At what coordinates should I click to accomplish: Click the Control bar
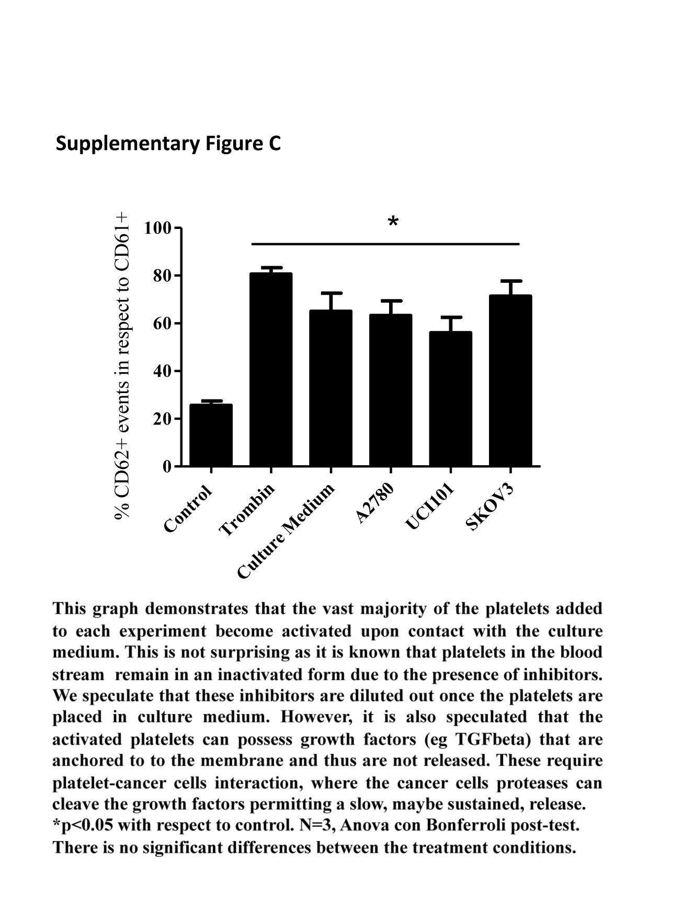pyautogui.click(x=211, y=435)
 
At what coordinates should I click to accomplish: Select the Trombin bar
pyautogui.click(x=271, y=370)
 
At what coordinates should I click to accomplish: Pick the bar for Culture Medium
pyautogui.click(x=331, y=388)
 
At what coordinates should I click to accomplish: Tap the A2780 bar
pyautogui.click(x=391, y=390)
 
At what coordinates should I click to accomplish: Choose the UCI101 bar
pyautogui.click(x=450, y=399)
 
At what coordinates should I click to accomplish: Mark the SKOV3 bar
pyautogui.click(x=510, y=381)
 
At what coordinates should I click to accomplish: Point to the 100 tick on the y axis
pyautogui.click(x=178, y=228)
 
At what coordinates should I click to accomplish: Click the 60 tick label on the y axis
pyautogui.click(x=162, y=324)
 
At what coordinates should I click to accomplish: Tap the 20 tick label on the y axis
pyautogui.click(x=162, y=419)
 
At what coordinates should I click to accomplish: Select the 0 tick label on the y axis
pyautogui.click(x=167, y=466)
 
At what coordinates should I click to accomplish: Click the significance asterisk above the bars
pyautogui.click(x=393, y=222)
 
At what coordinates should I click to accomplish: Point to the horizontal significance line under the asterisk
pyautogui.click(x=385, y=244)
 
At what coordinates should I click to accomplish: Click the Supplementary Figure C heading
pyautogui.click(x=168, y=143)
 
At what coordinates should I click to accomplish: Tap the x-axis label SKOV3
pyautogui.click(x=490, y=507)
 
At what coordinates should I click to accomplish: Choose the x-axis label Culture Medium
pyautogui.click(x=286, y=531)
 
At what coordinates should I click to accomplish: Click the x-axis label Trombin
pyautogui.click(x=247, y=510)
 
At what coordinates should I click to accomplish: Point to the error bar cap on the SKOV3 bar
pyautogui.click(x=510, y=281)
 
